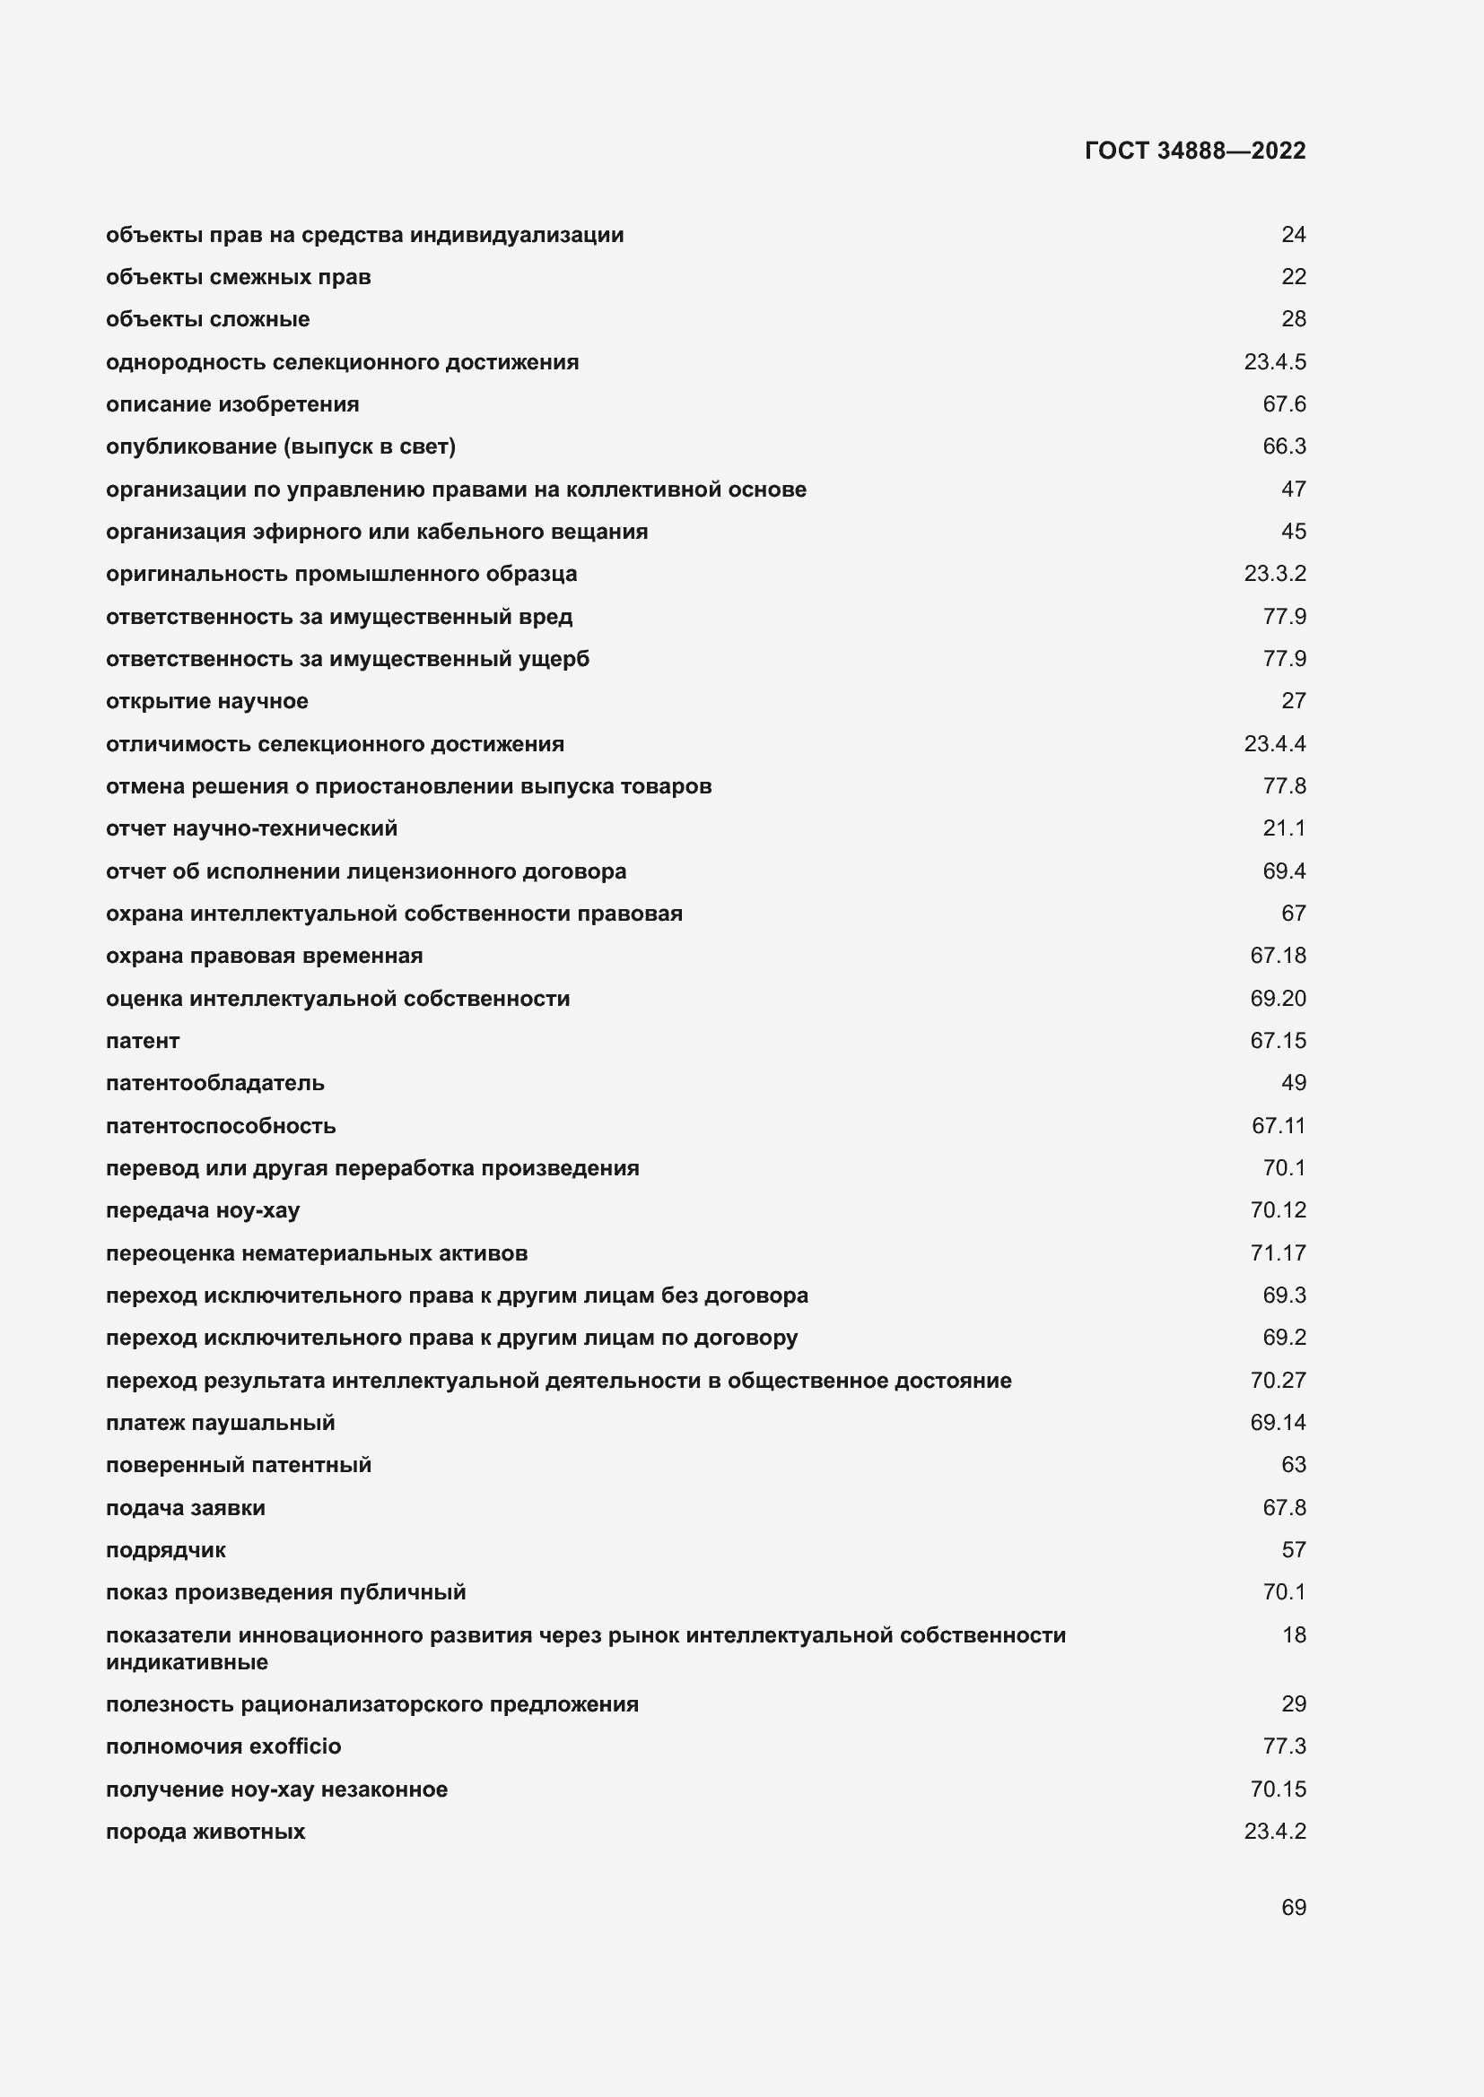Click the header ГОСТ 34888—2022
click(1194, 151)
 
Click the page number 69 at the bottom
click(1293, 1907)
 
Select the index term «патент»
click(143, 1040)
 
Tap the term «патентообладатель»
click(214, 1083)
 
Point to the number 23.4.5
click(1274, 361)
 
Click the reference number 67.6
click(1284, 403)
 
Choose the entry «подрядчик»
click(165, 1550)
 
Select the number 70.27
click(1278, 1380)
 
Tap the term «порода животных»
click(205, 1832)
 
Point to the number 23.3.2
click(1274, 574)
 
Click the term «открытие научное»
click(206, 700)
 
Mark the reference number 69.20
click(1278, 998)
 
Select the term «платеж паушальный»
click(220, 1422)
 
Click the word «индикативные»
click(187, 1661)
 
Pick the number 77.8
click(1284, 785)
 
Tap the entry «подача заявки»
click(186, 1508)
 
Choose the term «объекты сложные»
click(207, 319)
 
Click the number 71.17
click(1278, 1253)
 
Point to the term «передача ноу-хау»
click(203, 1210)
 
